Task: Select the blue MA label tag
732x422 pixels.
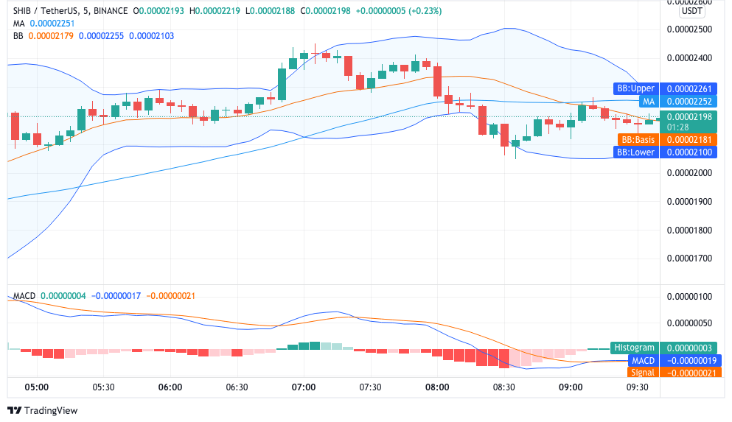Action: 648,102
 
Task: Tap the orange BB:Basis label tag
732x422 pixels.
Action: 638,139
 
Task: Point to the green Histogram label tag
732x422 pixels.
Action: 634,348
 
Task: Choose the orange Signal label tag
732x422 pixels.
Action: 642,373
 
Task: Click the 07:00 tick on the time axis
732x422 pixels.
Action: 304,387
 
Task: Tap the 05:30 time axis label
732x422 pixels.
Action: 103,387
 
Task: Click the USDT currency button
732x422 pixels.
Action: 691,11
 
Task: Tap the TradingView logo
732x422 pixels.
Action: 42,410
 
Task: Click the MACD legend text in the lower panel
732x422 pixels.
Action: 24,295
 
